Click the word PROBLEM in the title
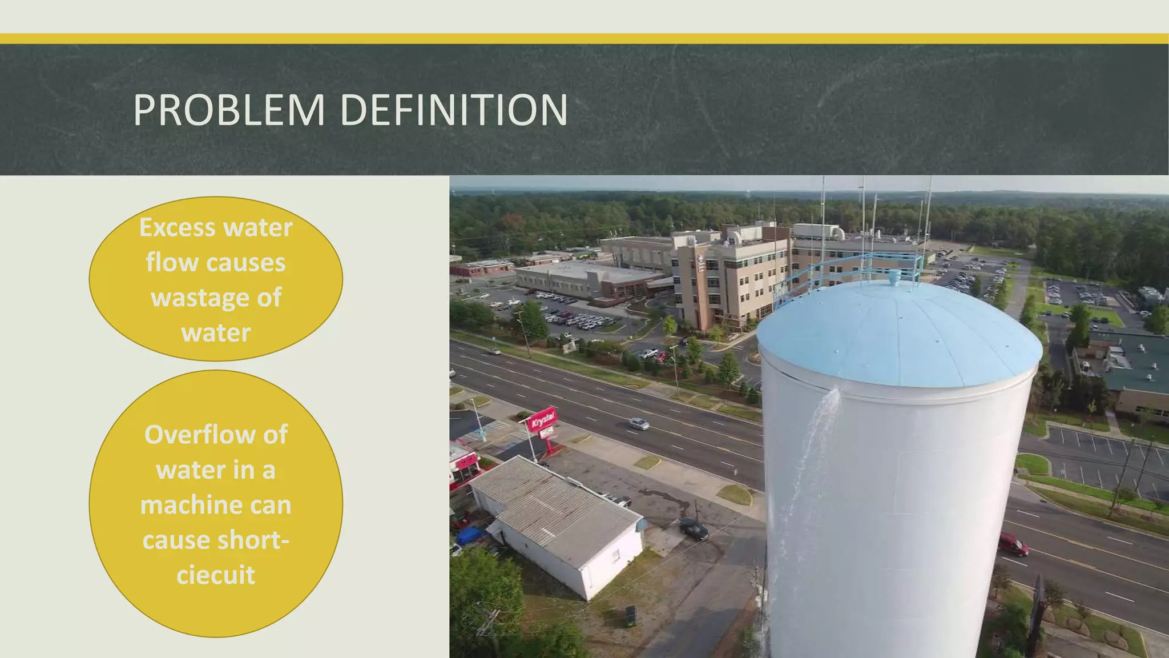(x=229, y=110)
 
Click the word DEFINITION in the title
(x=454, y=110)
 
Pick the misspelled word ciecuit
(x=216, y=575)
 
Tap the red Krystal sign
(x=542, y=420)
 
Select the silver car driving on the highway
(x=639, y=423)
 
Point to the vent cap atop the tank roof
(x=894, y=278)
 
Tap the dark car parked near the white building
(x=694, y=529)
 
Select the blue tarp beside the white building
(x=469, y=536)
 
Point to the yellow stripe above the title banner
(x=584, y=39)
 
